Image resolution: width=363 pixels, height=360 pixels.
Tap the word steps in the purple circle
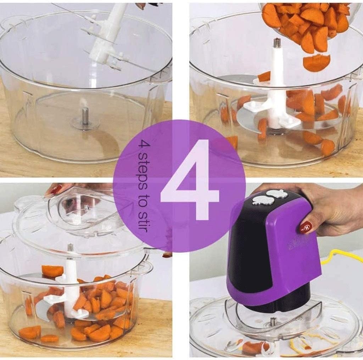[143, 165]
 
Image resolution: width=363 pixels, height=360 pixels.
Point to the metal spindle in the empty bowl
[85, 116]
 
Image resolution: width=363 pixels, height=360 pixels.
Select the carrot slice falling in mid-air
[316, 63]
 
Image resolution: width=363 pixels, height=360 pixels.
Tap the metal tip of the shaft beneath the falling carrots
[277, 43]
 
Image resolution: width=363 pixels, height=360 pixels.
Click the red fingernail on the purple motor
[305, 227]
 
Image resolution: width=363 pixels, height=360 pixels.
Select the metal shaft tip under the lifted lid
[71, 247]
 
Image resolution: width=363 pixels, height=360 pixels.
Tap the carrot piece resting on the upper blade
[52, 271]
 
